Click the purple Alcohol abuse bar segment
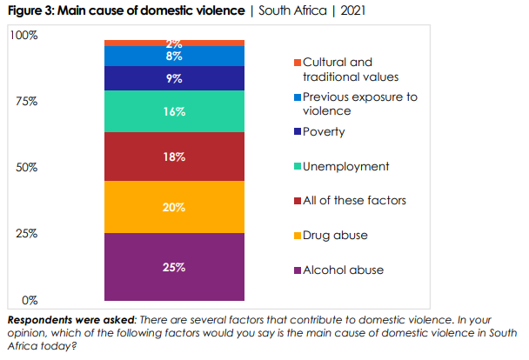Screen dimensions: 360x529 point(174,267)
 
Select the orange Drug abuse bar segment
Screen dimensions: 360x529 point(174,207)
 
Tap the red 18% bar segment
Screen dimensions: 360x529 point(174,157)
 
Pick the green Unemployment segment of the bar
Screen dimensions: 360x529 point(174,111)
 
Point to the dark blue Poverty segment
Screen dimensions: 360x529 point(174,78)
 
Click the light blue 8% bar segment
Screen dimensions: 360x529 point(174,57)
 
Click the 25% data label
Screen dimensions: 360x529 point(174,267)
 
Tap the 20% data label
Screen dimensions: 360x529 point(174,207)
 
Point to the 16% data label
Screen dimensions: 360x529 point(174,111)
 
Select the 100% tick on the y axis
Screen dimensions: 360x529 point(23,35)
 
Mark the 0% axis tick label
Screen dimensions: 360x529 point(29,300)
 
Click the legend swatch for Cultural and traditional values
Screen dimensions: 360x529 point(297,63)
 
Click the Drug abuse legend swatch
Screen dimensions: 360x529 point(297,236)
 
